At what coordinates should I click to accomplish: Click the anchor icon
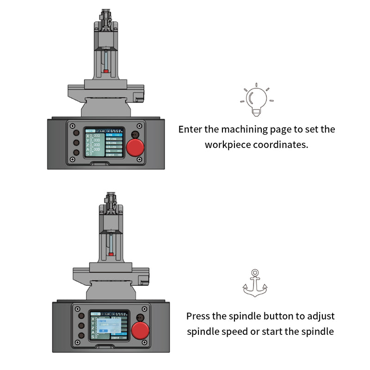255,283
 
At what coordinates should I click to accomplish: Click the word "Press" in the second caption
199,316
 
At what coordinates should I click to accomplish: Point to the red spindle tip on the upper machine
106,72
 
